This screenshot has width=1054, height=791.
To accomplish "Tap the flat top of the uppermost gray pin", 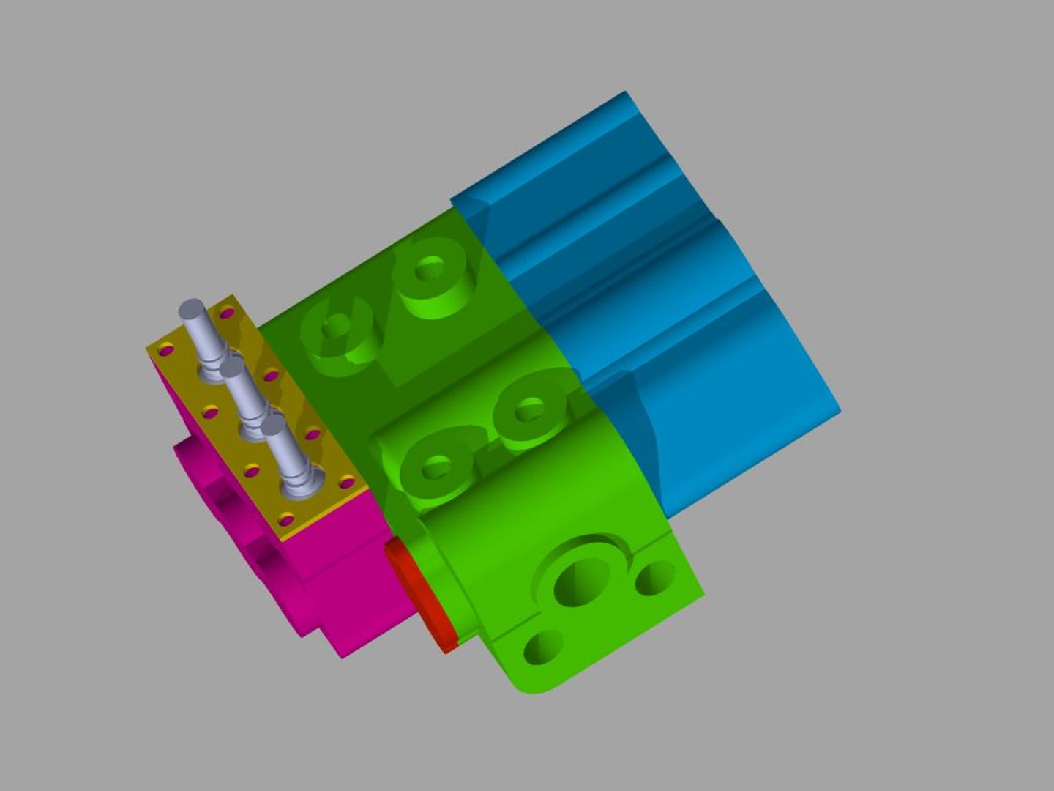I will (190, 307).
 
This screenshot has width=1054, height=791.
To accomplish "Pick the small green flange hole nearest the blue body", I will (655, 578).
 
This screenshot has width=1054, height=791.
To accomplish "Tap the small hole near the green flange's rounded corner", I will (543, 646).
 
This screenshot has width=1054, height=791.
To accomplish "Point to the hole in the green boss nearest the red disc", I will (437, 466).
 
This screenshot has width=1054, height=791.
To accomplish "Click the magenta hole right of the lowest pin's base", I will (346, 482).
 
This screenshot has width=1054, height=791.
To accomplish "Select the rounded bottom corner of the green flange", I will (534, 689).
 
